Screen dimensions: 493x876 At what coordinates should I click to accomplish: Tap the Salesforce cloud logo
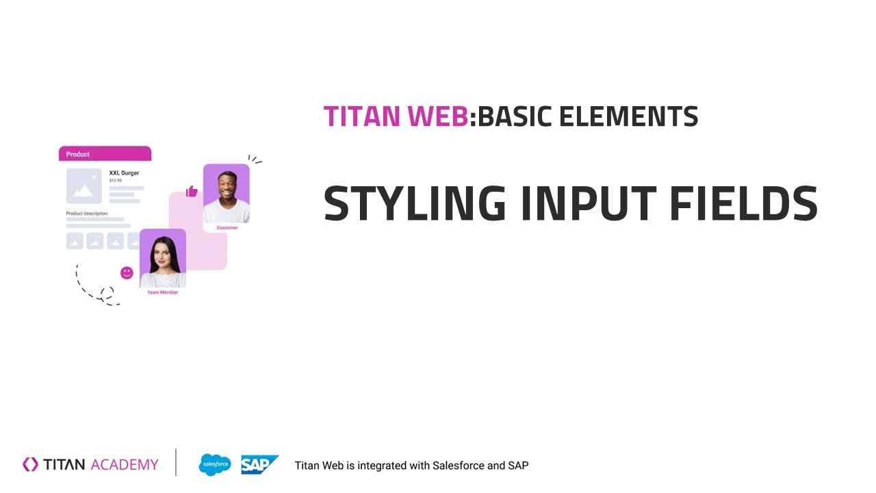pyautogui.click(x=215, y=465)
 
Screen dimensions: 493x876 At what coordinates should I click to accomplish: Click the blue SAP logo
pyautogui.click(x=259, y=465)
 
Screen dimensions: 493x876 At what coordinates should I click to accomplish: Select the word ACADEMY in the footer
pyautogui.click(x=124, y=465)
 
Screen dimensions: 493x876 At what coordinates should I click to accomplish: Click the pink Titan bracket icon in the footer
pyautogui.click(x=30, y=464)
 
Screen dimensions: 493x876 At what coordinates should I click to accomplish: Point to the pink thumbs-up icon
pyautogui.click(x=192, y=191)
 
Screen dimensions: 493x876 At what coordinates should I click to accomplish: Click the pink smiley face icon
pyautogui.click(x=127, y=273)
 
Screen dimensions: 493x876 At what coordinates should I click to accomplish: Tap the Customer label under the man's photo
pyautogui.click(x=227, y=227)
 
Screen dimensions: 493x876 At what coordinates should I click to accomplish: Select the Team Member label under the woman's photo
pyautogui.click(x=162, y=292)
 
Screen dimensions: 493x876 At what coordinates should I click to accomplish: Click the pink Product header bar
pyautogui.click(x=105, y=154)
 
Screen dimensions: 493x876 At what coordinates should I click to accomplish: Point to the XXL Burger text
pyautogui.click(x=124, y=173)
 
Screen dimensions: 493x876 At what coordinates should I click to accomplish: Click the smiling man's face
pyautogui.click(x=227, y=185)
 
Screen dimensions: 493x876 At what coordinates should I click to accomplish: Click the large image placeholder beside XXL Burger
pyautogui.click(x=83, y=186)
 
